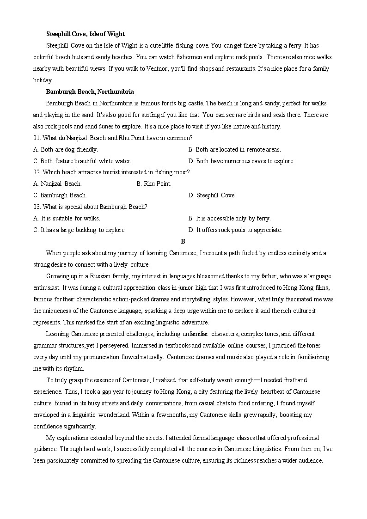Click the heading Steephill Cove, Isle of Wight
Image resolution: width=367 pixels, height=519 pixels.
86,34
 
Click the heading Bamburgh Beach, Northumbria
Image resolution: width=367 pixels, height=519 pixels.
90,92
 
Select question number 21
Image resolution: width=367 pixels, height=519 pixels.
37,138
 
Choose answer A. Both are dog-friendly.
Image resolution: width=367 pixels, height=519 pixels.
66,149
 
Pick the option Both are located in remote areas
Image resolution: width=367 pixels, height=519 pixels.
234,149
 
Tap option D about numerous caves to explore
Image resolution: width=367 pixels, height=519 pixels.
241,161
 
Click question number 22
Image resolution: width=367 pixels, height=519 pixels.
37,172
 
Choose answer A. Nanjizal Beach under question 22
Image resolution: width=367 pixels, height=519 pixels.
57,183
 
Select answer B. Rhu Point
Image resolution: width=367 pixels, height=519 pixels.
154,183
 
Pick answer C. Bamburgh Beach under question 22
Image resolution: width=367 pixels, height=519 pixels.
60,195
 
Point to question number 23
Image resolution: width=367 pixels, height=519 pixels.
37,207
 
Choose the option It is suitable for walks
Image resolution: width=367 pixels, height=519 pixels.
67,218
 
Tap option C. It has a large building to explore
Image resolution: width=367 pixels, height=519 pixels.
80,230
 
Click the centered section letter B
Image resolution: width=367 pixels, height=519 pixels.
183,241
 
